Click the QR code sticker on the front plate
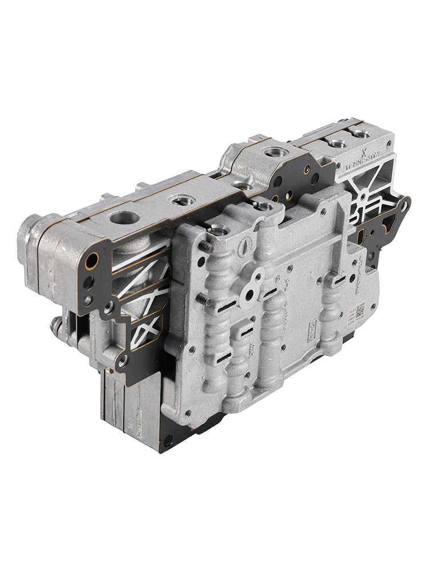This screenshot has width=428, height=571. pos(361,312)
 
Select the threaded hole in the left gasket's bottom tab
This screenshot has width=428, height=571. pos(122,360)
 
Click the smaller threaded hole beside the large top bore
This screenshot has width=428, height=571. pos(184,200)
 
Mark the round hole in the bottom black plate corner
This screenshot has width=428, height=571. pos(168,440)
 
